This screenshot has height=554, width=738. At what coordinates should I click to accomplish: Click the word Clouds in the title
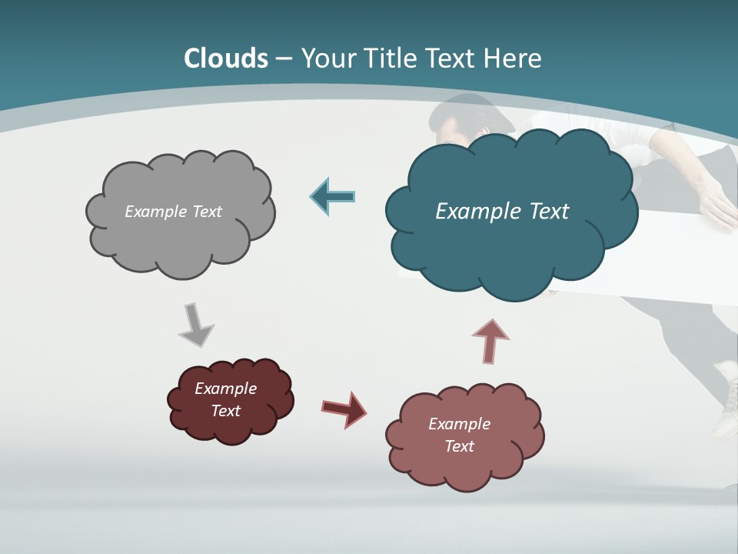click(226, 58)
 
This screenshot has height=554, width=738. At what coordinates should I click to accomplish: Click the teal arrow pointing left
click(333, 196)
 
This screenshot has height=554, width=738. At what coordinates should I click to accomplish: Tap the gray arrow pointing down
click(195, 325)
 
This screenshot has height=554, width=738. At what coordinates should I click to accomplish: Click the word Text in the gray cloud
click(206, 212)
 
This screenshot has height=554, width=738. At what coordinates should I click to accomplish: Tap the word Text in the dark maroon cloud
click(226, 411)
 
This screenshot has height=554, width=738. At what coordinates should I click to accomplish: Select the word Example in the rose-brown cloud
click(459, 424)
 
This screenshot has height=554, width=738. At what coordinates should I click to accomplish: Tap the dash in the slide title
click(283, 58)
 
